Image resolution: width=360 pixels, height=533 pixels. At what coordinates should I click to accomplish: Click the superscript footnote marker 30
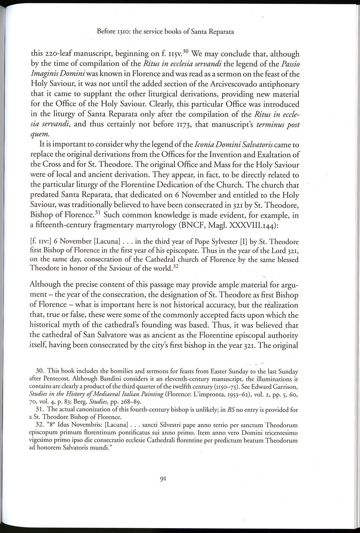tap(186, 51)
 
